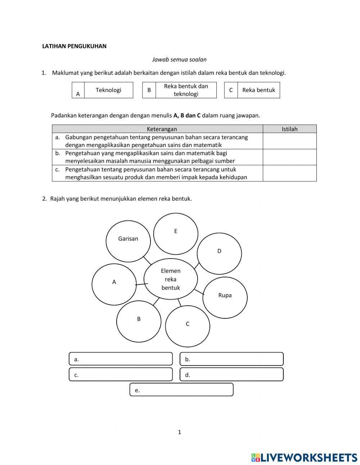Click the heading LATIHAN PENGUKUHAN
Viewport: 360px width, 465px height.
coord(74,46)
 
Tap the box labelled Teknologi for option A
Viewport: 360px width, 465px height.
coord(108,90)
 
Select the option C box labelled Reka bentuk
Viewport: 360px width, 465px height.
coord(258,90)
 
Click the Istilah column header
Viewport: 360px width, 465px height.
coord(289,129)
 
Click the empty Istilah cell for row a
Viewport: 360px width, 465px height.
coord(289,141)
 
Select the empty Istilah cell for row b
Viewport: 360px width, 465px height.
coord(289,157)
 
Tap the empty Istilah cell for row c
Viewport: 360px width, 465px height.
coord(289,173)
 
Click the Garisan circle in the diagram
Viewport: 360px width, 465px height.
coord(128,242)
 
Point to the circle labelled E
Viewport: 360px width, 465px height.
coord(176,233)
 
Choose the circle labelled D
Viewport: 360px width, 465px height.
coord(219,253)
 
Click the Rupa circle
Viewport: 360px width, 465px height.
coord(225,298)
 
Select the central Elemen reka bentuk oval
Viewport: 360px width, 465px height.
coord(171,279)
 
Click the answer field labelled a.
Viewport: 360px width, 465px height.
coord(121,359)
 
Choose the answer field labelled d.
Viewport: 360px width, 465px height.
coord(231,375)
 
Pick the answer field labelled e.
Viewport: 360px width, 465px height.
coord(181,390)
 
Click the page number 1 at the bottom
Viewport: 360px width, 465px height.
coord(179,432)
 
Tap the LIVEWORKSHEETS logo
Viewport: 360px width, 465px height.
coord(304,457)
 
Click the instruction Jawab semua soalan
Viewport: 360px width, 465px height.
coord(179,59)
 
